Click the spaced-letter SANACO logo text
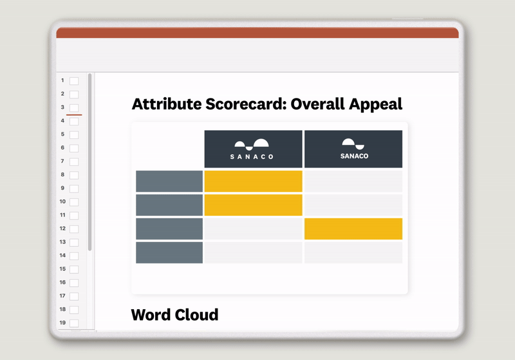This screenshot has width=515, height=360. (253, 156)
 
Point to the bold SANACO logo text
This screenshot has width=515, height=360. (353, 156)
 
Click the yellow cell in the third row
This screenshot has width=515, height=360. (353, 229)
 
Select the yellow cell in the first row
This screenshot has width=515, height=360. (253, 181)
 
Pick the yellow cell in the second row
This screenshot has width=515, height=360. (253, 205)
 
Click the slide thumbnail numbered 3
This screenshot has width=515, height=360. (74, 108)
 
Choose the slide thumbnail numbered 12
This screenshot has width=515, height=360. (74, 229)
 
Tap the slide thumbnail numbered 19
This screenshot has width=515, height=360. (74, 323)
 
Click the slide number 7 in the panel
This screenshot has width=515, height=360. (62, 161)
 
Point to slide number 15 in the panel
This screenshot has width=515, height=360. (62, 269)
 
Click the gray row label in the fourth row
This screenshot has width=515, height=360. (169, 252)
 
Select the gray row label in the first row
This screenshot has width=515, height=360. (169, 181)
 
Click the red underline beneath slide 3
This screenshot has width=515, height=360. (74, 115)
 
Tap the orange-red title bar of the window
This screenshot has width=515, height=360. (257, 33)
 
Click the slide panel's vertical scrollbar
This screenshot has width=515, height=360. (90, 161)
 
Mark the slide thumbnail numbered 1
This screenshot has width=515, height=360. (74, 81)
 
